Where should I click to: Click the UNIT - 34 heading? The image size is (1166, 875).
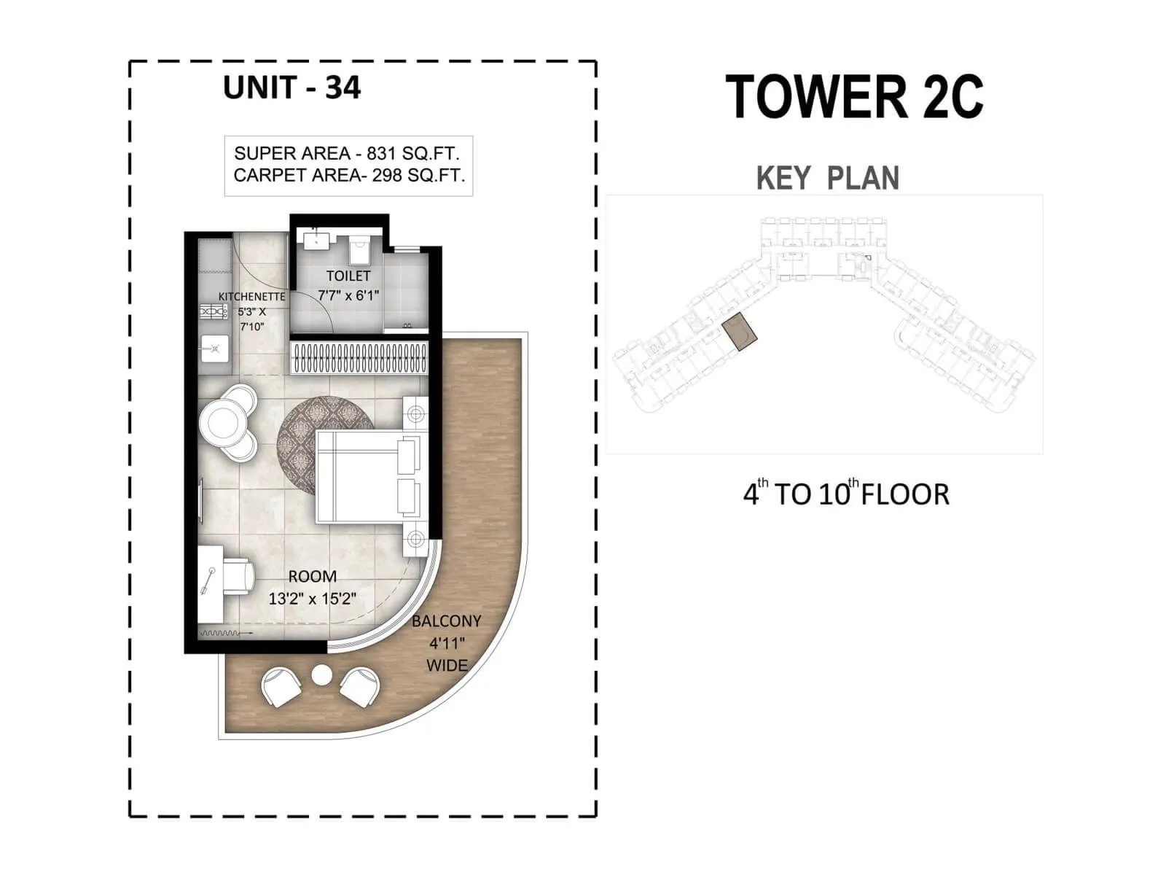click(x=291, y=87)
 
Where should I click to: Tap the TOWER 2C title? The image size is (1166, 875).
click(x=854, y=97)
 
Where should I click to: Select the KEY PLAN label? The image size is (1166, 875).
click(x=827, y=178)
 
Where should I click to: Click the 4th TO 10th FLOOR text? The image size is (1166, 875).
click(x=845, y=494)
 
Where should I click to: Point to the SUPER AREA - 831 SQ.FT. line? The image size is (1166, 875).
click(x=346, y=153)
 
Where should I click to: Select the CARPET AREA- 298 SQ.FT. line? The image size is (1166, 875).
click(x=349, y=176)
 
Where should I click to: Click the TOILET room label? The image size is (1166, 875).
click(x=348, y=276)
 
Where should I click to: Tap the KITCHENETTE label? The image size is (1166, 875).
click(x=252, y=297)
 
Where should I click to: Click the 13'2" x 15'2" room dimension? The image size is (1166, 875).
click(x=312, y=599)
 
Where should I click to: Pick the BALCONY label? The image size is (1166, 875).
click(x=446, y=621)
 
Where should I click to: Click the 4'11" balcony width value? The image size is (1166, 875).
click(x=447, y=643)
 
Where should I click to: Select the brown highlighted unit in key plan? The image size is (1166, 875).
click(x=740, y=331)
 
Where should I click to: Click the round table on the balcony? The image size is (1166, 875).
click(x=321, y=675)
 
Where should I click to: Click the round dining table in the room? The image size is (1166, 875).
click(x=222, y=421)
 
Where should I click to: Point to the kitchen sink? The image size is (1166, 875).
click(x=215, y=349)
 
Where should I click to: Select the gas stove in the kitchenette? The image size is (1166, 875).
click(x=214, y=312)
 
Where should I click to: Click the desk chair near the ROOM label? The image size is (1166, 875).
click(x=238, y=575)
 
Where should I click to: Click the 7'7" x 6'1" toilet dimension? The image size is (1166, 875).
click(x=348, y=296)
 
